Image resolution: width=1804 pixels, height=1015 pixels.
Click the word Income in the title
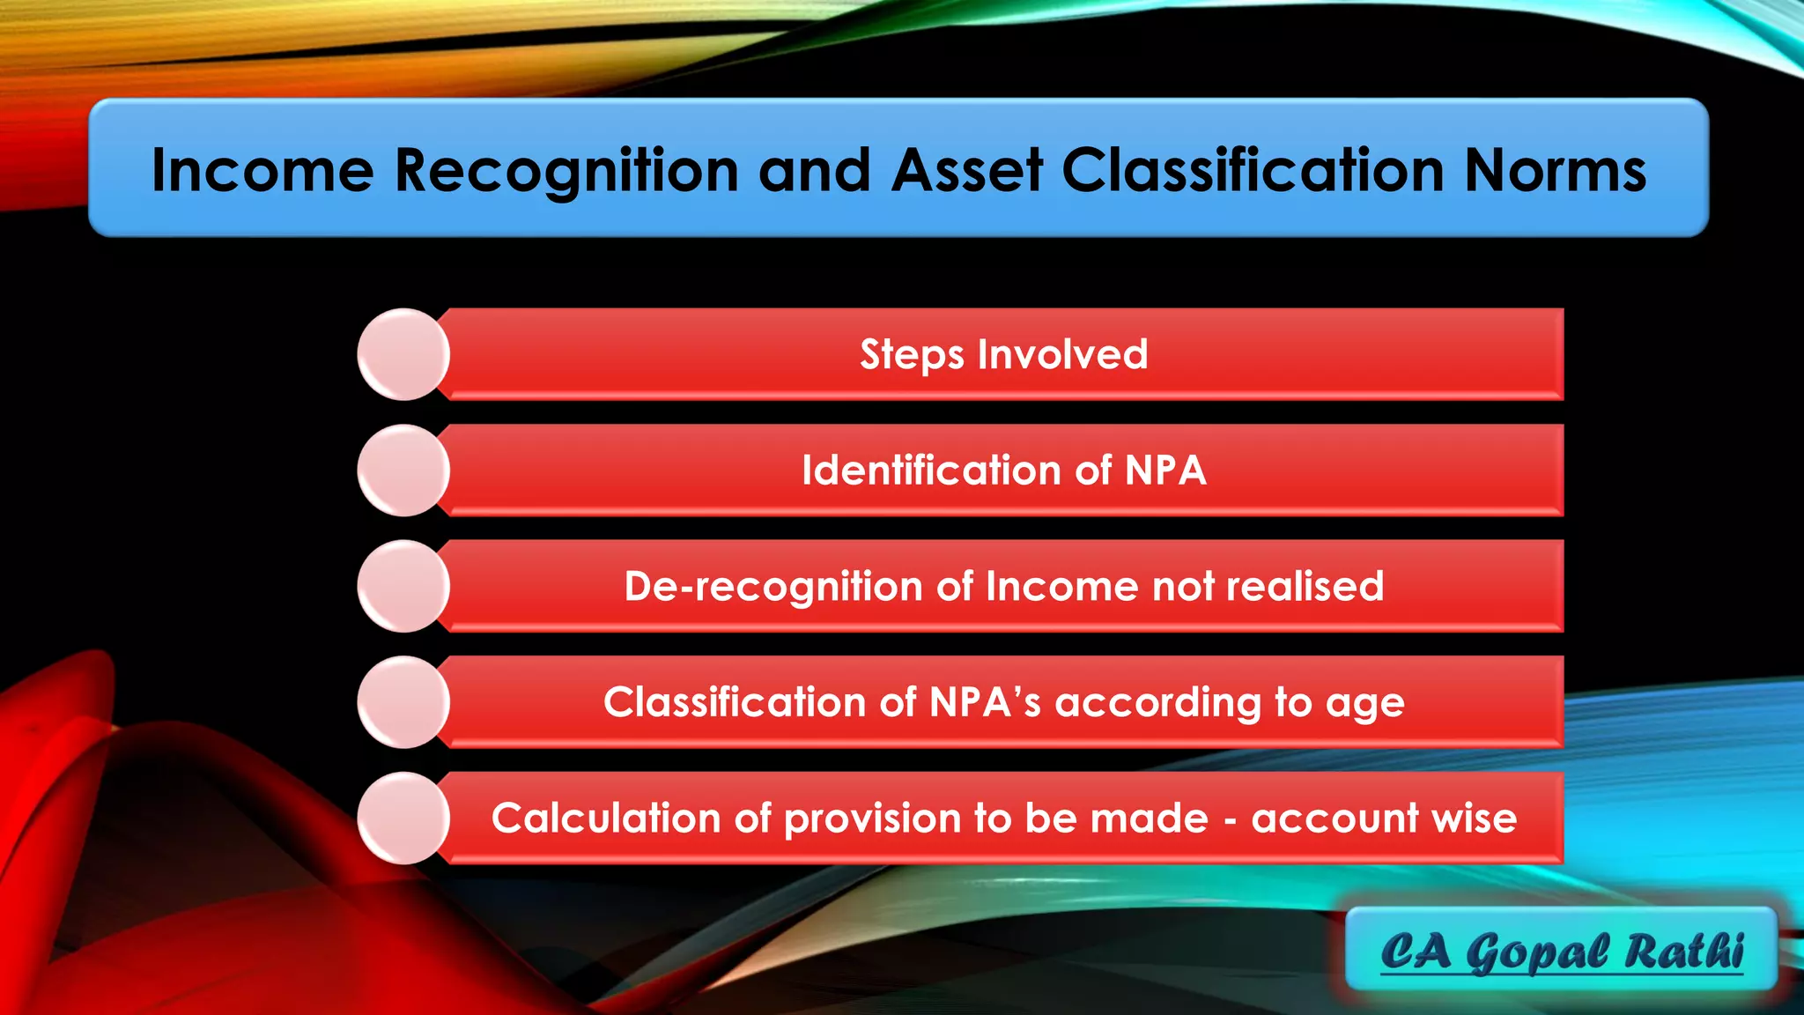[x=262, y=169]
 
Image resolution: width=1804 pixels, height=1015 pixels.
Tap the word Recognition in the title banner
[x=566, y=169]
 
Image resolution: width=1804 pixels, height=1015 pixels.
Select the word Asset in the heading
[x=966, y=169]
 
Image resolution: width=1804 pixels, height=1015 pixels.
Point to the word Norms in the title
[x=1555, y=169]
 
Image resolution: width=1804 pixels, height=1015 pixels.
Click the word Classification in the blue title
[x=1253, y=169]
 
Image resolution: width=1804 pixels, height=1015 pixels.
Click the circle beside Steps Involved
[x=403, y=354]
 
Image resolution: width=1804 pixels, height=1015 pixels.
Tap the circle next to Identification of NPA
[x=403, y=470]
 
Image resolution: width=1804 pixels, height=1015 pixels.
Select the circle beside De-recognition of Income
[x=403, y=586]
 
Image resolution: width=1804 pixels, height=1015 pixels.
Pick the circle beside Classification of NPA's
[x=403, y=702]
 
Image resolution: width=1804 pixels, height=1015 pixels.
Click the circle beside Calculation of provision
[x=403, y=818]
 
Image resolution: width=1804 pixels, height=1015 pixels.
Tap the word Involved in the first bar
[x=1062, y=354]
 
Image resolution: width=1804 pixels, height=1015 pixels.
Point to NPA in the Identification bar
[x=1164, y=470]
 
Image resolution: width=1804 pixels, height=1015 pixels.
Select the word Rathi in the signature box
[x=1683, y=952]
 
